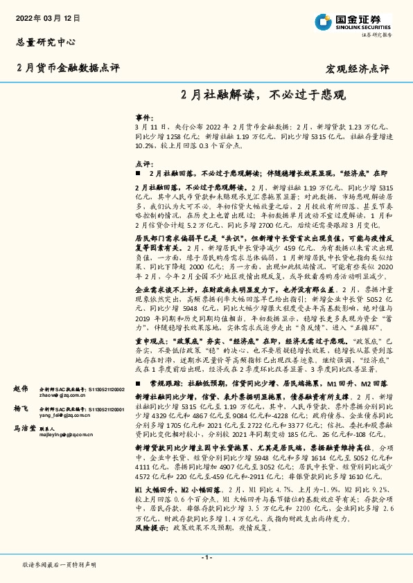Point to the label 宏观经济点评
click(358, 69)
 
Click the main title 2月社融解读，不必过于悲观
click(264, 94)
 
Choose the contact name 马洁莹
click(25, 429)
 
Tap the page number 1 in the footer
click(206, 558)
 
